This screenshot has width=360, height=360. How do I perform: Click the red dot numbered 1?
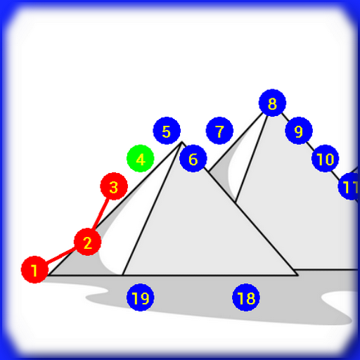point(34,269)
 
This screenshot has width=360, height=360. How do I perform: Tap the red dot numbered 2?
point(87,242)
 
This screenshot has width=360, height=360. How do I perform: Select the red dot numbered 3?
point(114,186)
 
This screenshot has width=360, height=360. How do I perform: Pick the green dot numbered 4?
point(141,158)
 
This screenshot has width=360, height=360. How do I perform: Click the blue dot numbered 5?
point(167,131)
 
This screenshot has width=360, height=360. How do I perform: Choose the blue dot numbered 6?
point(193,158)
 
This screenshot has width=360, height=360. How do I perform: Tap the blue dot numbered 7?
point(219,131)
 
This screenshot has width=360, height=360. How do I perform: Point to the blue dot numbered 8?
point(272,103)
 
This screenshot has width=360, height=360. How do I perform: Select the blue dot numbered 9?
point(299,131)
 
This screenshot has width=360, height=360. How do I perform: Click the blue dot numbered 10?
point(325,158)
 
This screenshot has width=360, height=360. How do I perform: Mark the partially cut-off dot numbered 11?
point(349,186)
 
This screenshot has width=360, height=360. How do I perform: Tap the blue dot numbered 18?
point(246,297)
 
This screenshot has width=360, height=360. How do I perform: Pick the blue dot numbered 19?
point(141,297)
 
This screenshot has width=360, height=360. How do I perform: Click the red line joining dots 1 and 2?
point(60,256)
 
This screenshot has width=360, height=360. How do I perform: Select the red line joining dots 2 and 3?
point(101,214)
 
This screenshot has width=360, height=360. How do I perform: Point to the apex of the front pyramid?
point(182,142)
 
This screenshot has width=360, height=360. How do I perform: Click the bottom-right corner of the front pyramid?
point(297,275)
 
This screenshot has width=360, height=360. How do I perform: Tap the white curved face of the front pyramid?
point(131,218)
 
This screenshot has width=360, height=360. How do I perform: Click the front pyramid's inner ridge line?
point(152,209)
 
